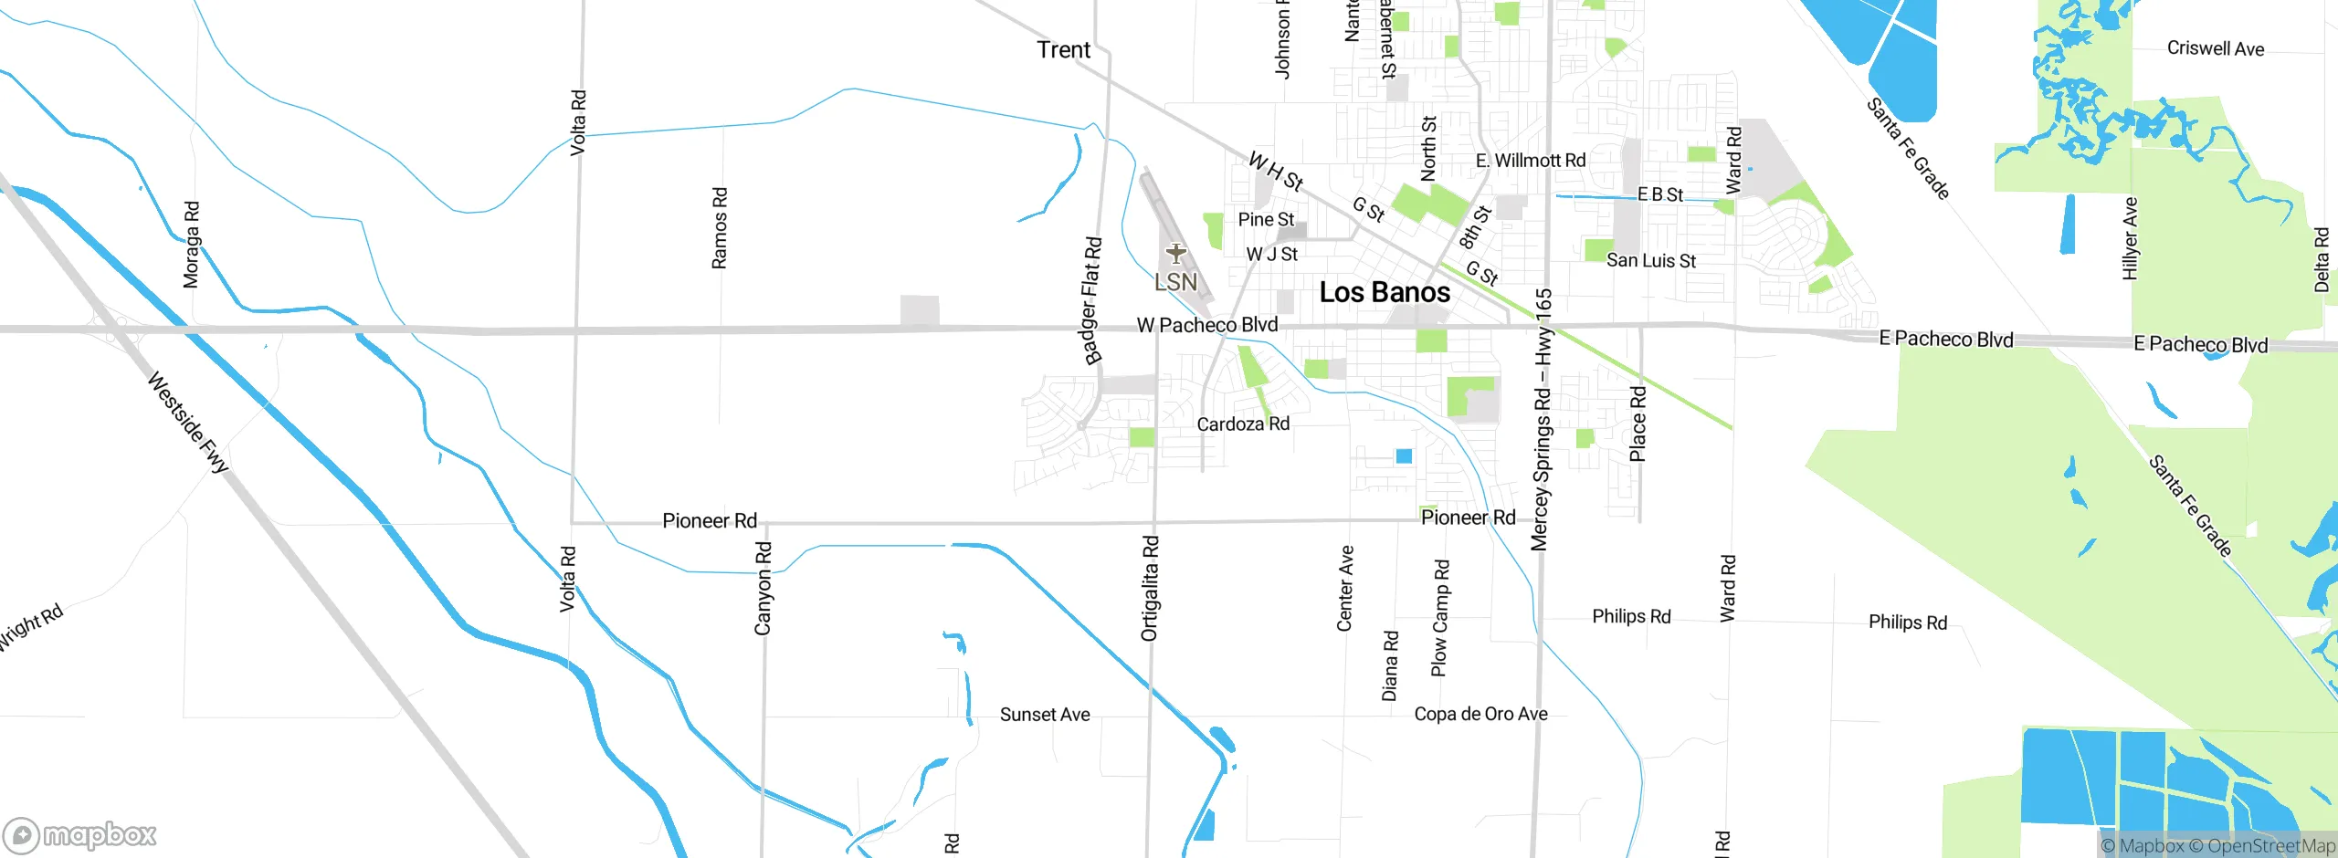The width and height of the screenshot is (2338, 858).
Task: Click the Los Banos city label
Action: pyautogui.click(x=1385, y=293)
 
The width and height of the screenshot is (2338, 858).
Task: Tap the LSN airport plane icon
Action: pyautogui.click(x=1175, y=253)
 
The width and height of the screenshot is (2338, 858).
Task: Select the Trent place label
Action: pyautogui.click(x=1063, y=50)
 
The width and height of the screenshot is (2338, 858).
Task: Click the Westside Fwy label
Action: pyautogui.click(x=188, y=422)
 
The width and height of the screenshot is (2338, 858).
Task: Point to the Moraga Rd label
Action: pyautogui.click(x=191, y=245)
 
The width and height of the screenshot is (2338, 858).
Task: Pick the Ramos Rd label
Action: pyautogui.click(x=720, y=228)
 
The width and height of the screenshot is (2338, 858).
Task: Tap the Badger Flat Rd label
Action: pyautogui.click(x=1091, y=301)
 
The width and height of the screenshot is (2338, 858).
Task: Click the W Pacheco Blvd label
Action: pyautogui.click(x=1206, y=325)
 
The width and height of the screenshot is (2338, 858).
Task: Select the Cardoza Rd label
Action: pyautogui.click(x=1243, y=424)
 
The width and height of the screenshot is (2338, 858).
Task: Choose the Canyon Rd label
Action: pyautogui.click(x=764, y=588)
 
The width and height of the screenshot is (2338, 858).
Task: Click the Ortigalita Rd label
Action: pyautogui.click(x=1150, y=588)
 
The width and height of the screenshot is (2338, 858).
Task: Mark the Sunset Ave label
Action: pyautogui.click(x=1045, y=715)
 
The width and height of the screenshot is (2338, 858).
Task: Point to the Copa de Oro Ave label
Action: pyautogui.click(x=1480, y=714)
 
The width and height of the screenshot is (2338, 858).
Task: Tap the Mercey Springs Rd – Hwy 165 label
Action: pyautogui.click(x=1542, y=420)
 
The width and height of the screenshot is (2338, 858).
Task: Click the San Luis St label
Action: pyautogui.click(x=1650, y=261)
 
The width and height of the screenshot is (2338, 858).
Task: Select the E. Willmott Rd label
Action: pyautogui.click(x=1531, y=161)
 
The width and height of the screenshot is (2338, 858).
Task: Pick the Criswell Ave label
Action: pyautogui.click(x=2215, y=48)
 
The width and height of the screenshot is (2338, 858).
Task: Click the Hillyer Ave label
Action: pyautogui.click(x=2131, y=238)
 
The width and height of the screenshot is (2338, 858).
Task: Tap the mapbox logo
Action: pyautogui.click(x=79, y=835)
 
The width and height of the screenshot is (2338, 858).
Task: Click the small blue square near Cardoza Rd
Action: pyautogui.click(x=1404, y=455)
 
